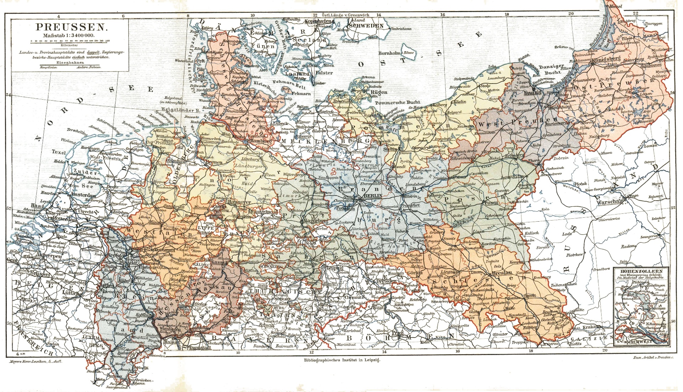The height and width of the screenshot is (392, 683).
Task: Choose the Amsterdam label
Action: click(x=84, y=195)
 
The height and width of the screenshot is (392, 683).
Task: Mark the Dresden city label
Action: click(x=386, y=281)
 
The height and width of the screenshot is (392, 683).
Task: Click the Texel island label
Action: click(x=59, y=152)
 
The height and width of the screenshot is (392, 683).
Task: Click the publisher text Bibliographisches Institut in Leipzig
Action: click(x=342, y=360)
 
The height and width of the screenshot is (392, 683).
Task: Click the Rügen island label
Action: click(x=379, y=92)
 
